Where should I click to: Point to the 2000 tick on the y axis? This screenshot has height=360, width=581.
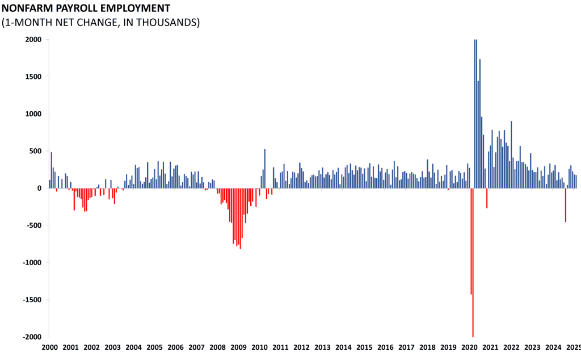[33, 40]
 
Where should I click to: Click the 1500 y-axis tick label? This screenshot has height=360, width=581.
[33, 77]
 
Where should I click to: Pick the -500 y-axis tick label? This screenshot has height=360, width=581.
[32, 225]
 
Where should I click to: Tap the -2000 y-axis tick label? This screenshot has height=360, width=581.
[31, 337]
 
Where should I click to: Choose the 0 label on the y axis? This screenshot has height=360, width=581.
[39, 189]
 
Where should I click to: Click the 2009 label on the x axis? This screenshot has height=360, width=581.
[238, 347]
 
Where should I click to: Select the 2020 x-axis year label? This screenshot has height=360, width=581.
[469, 347]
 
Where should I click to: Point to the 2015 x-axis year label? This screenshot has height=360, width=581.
[364, 347]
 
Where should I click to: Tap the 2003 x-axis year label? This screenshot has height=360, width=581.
[112, 347]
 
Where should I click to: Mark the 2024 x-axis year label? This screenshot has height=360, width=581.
[553, 347]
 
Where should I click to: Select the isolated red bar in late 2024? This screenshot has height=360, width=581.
[565, 205]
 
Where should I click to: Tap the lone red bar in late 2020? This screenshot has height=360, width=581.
[487, 198]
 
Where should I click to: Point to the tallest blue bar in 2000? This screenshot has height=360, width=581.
[51, 170]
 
